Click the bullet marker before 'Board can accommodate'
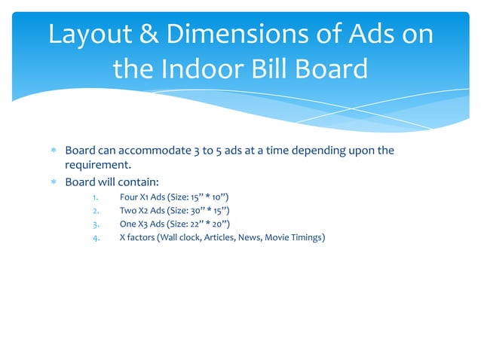coord(53,151)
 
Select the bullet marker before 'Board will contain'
coord(53,182)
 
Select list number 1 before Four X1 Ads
coord(94,198)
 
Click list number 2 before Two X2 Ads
coord(94,211)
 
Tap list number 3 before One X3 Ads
coord(94,224)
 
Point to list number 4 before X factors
coord(94,238)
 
